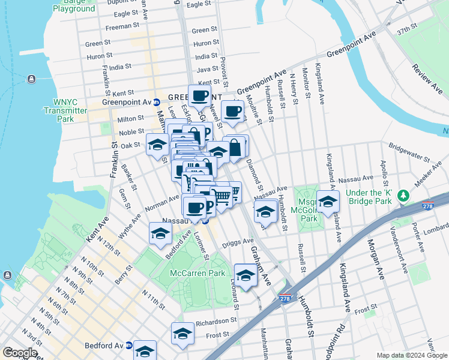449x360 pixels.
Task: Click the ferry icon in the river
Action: (31, 79)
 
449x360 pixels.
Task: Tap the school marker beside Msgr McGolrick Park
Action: (328, 202)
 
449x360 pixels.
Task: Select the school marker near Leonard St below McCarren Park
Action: (245, 275)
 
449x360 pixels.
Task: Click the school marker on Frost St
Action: (182, 334)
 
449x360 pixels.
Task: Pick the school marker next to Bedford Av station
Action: (145, 350)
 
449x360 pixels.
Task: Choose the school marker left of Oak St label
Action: (157, 145)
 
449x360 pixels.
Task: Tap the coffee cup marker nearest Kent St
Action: (200, 95)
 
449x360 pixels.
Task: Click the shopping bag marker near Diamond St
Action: (235, 147)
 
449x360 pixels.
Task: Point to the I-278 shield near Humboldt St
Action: (285, 298)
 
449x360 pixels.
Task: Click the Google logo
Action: (20, 353)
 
